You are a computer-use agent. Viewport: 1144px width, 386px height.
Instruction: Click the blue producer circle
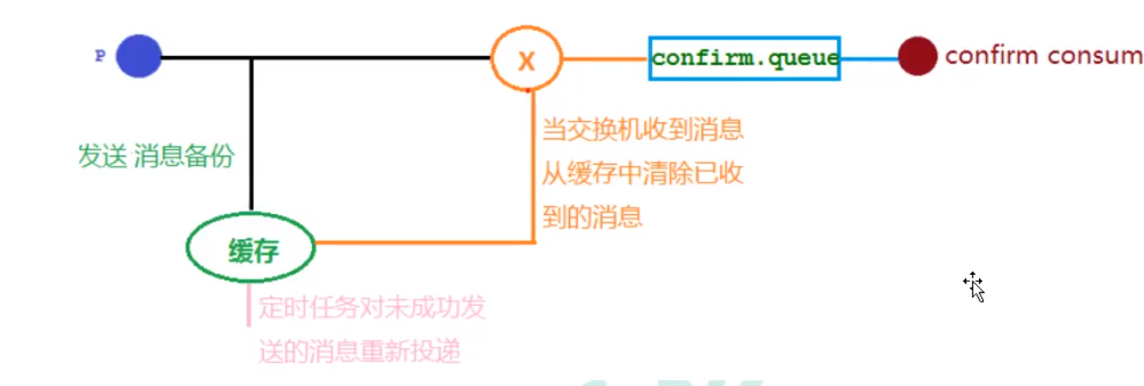coord(139,57)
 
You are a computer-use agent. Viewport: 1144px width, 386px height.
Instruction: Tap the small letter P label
coord(100,56)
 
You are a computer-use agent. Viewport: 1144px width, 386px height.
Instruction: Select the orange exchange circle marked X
coord(526,59)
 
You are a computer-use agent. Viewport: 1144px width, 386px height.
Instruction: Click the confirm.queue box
coord(743,58)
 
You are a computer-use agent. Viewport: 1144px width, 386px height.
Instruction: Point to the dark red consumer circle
coord(917,56)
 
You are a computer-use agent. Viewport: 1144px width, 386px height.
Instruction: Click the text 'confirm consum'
coord(1043,56)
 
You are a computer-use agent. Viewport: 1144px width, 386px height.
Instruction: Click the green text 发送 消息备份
coord(156,157)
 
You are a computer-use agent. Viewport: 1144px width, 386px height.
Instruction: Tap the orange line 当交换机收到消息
coord(642,131)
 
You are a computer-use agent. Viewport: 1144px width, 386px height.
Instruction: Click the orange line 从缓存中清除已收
coord(642,174)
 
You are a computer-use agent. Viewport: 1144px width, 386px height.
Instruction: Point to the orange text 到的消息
coord(592,216)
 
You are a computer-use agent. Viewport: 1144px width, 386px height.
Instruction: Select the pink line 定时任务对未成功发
coord(372,308)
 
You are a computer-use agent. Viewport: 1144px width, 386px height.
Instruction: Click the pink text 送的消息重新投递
coord(360,351)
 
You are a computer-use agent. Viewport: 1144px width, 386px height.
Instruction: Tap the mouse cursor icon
coord(974,285)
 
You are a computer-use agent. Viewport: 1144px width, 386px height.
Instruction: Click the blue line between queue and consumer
coord(869,58)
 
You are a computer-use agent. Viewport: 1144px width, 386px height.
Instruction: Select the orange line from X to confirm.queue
coord(604,59)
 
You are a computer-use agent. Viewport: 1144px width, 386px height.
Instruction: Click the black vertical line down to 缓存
coord(251,138)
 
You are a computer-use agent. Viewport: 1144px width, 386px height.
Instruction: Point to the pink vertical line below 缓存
coord(248,305)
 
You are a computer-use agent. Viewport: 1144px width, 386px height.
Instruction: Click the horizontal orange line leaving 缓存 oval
coord(421,242)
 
